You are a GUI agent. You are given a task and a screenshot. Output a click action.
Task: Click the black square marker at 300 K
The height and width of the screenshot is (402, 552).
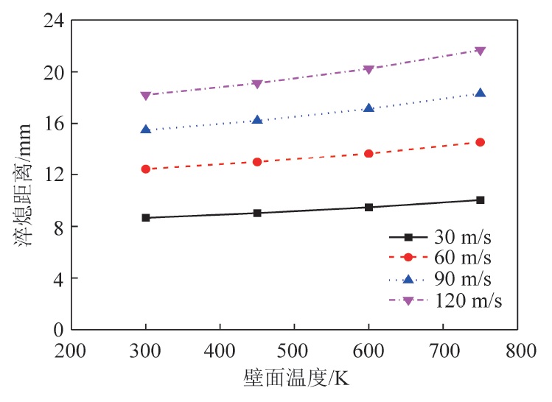tap(146, 218)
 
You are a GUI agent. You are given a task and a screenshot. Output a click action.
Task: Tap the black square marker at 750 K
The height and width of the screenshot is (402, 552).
tap(481, 200)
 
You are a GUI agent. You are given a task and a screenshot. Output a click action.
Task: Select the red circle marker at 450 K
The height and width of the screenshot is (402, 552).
tap(257, 161)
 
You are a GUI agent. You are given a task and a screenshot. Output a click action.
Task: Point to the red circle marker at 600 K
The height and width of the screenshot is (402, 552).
tap(368, 153)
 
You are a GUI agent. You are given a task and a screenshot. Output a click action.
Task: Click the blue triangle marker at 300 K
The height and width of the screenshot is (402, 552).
tap(146, 130)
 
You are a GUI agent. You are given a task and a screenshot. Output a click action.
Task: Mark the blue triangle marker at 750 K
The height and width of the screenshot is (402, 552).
tap(481, 93)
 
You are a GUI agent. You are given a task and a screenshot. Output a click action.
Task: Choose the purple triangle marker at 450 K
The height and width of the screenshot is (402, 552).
tap(257, 84)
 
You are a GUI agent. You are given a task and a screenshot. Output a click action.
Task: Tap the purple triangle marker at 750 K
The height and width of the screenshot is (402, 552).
tap(481, 51)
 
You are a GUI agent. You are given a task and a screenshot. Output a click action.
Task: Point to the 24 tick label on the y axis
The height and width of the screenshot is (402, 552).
tap(54, 21)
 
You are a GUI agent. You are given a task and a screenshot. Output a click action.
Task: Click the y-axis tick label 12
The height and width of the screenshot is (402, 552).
tap(54, 175)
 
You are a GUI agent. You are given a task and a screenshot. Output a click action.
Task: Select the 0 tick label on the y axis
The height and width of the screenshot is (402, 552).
tap(58, 329)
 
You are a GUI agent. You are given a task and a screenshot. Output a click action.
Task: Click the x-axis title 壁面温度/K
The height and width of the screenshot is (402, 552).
tap(295, 378)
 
